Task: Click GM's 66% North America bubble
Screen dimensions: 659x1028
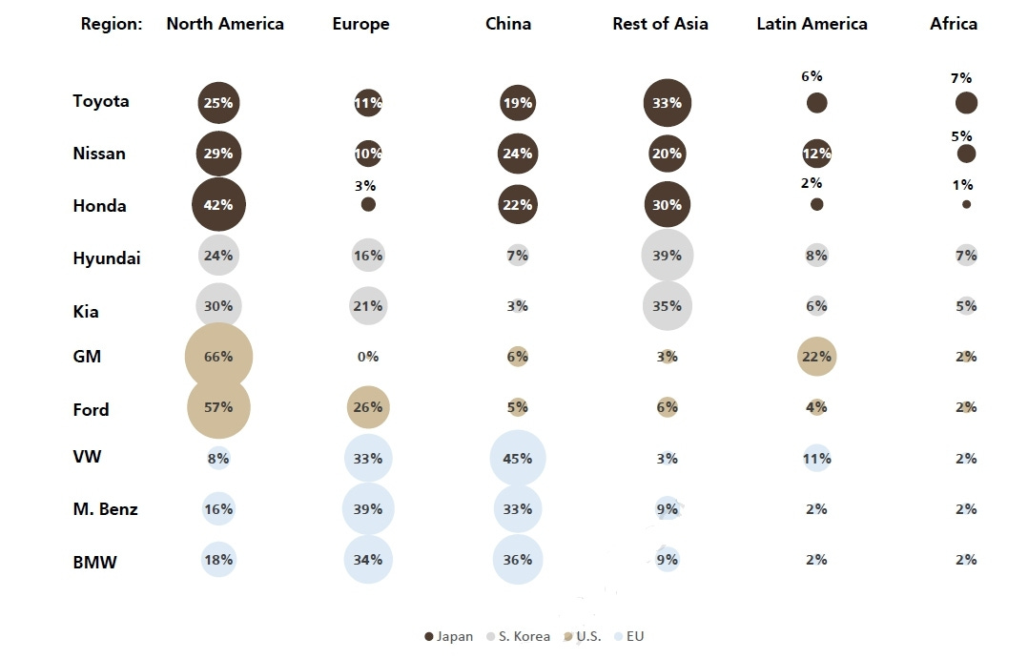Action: coord(218,357)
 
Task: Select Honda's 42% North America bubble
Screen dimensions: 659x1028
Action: coord(218,205)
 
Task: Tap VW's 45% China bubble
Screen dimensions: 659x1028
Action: coord(517,459)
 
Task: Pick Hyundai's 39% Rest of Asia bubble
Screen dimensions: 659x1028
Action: coord(667,256)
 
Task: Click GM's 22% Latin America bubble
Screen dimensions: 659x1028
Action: coord(816,357)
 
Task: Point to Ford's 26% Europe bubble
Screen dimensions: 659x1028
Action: coord(368,407)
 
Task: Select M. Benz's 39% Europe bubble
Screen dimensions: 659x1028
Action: coord(368,509)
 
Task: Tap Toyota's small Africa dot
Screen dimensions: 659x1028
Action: coord(966,103)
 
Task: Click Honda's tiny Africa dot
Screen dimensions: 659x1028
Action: coord(966,204)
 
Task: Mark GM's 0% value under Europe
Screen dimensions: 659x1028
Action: coord(368,357)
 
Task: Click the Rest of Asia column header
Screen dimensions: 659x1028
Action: coord(660,24)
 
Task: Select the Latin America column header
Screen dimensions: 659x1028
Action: coord(812,24)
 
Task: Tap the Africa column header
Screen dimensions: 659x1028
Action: coord(954,24)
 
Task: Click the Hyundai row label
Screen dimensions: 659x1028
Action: coord(107,258)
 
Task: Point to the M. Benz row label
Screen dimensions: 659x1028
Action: coord(105,509)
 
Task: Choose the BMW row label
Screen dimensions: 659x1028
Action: coord(94,563)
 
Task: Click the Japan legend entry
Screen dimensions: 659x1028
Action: coord(448,636)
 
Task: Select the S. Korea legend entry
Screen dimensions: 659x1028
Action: coord(519,636)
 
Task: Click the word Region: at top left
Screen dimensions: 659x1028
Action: coord(112,24)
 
